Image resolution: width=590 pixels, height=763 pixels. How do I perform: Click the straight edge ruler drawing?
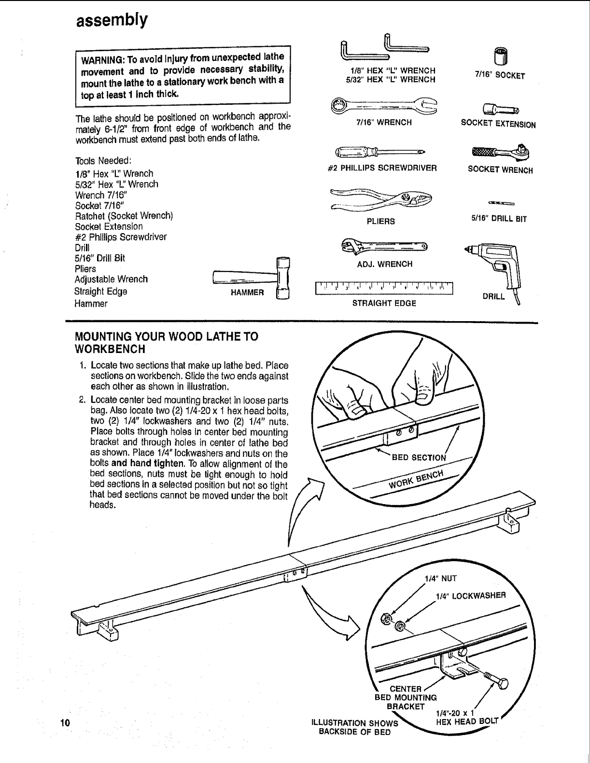click(385, 288)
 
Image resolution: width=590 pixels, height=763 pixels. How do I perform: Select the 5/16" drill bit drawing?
click(500, 203)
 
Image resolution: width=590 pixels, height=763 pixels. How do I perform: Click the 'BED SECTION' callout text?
click(419, 458)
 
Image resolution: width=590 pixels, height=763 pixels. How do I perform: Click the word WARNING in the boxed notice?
click(103, 61)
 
